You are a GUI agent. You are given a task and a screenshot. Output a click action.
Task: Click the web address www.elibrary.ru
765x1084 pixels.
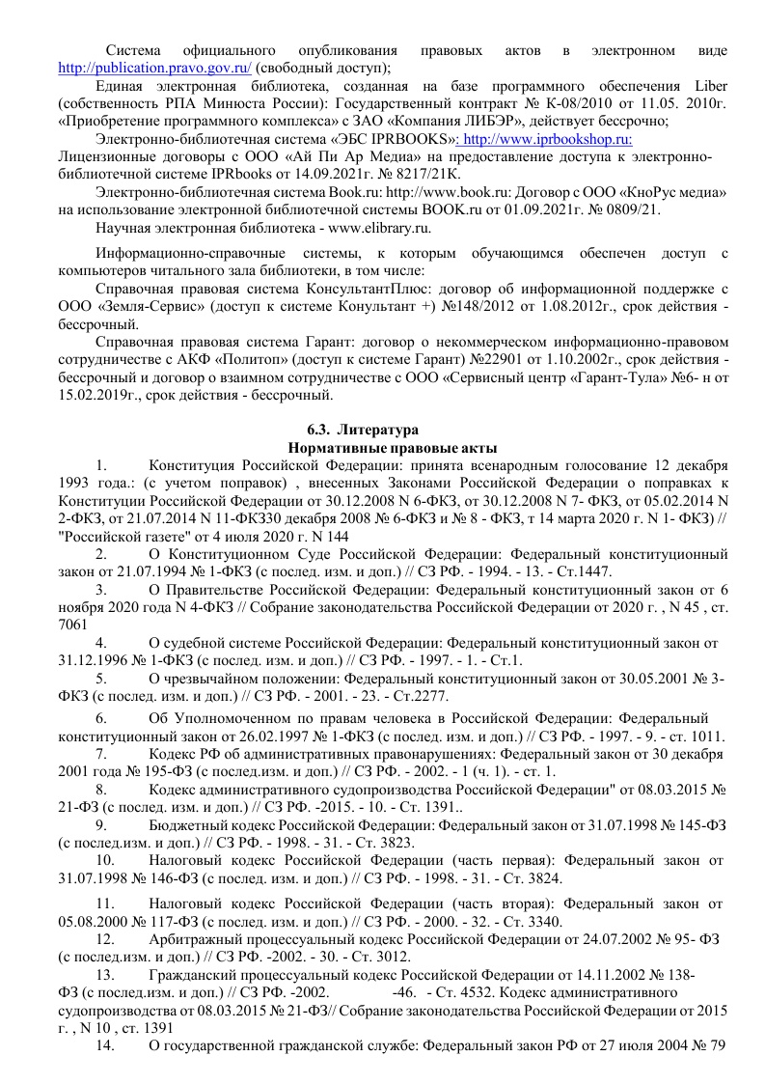tap(382, 228)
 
